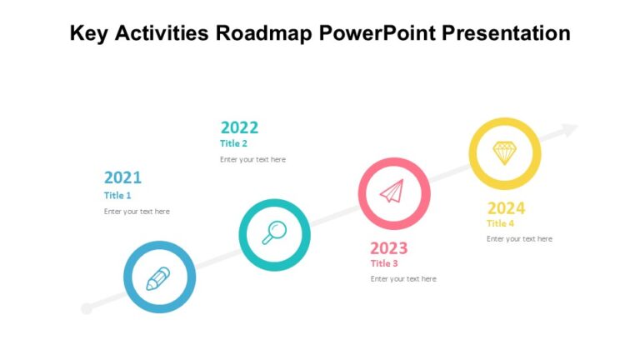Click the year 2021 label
[122, 177]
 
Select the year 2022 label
[239, 127]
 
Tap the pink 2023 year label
[388, 248]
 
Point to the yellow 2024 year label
[506, 208]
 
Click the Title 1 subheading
[117, 196]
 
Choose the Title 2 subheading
[234, 143]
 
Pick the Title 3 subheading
[384, 263]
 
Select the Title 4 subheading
[501, 223]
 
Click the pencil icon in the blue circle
[158, 278]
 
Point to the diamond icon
[504, 152]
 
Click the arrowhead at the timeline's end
[569, 130]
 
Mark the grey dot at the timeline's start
[86, 309]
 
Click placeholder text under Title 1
[137, 212]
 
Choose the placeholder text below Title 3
[403, 279]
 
